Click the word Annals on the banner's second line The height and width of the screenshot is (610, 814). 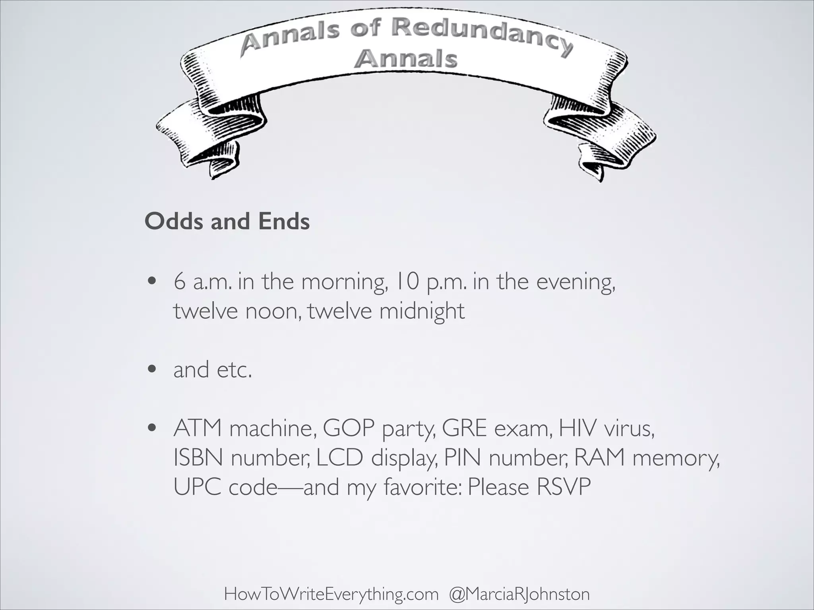[406, 60]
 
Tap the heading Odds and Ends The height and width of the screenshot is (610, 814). [227, 221]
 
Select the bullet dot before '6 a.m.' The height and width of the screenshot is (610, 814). [151, 282]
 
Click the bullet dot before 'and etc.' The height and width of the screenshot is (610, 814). [151, 370]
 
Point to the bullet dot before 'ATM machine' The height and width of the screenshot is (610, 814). [151, 429]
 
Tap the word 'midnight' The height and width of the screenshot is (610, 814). [422, 311]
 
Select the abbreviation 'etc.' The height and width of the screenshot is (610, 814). [235, 370]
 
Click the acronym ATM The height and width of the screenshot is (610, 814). [198, 429]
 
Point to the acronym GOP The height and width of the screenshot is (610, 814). [349, 429]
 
